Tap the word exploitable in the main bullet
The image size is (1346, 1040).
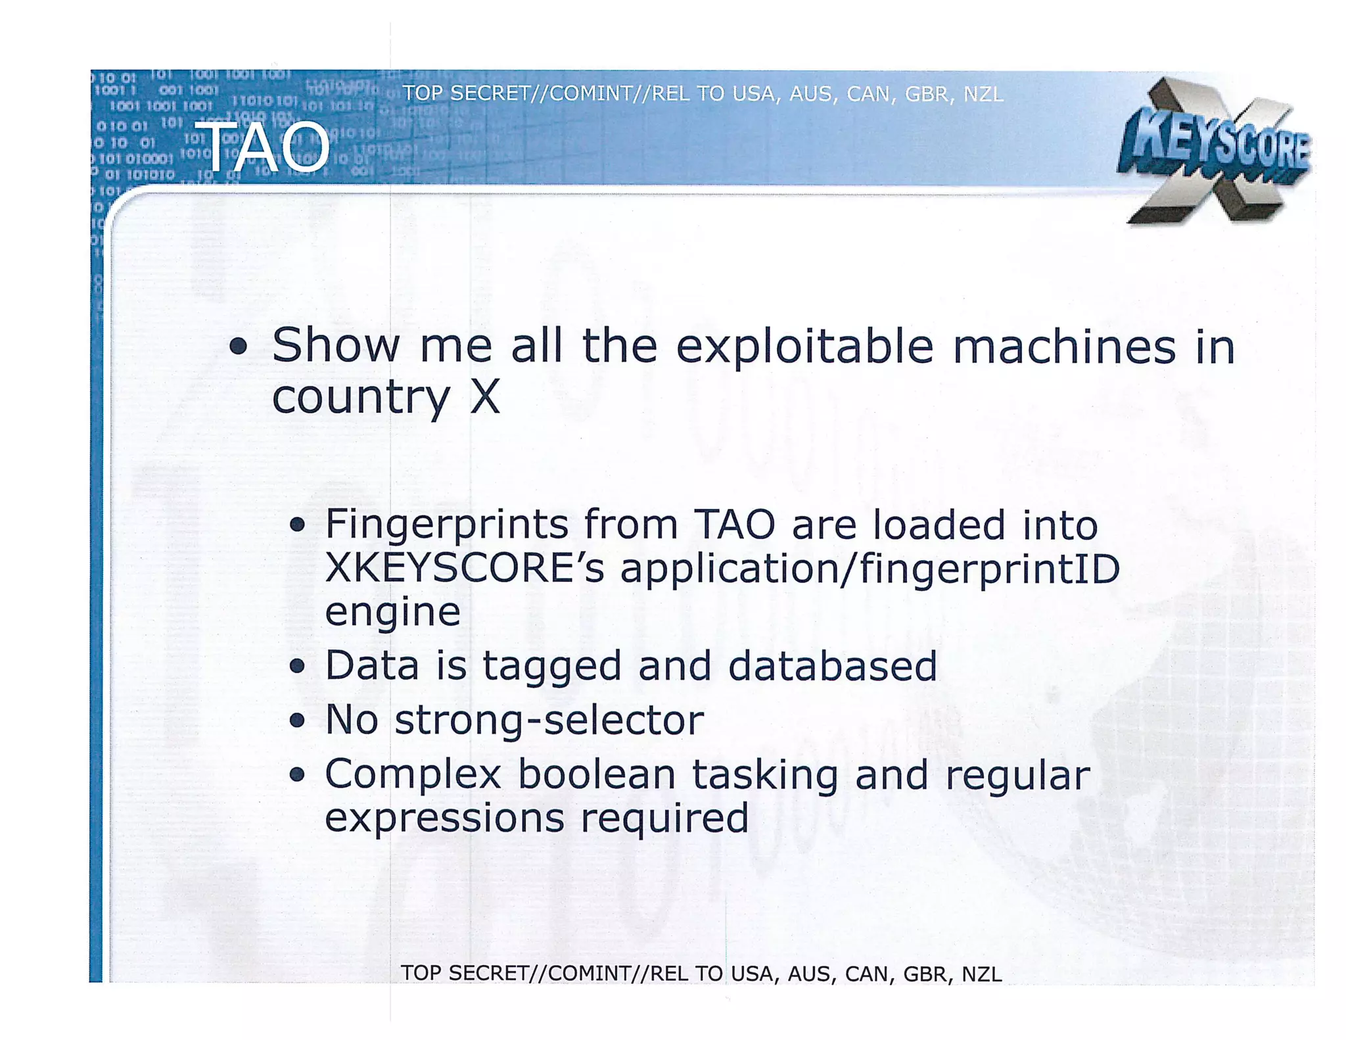tap(804, 346)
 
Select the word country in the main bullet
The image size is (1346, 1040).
tap(360, 397)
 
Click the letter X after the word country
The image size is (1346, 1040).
tap(485, 397)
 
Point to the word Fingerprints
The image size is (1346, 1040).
tap(446, 525)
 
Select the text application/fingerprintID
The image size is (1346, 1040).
tap(870, 568)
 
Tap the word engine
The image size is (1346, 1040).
tap(392, 612)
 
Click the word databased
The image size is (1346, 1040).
tap(832, 666)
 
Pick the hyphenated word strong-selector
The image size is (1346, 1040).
tap(549, 720)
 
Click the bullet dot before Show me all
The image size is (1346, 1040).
tap(239, 346)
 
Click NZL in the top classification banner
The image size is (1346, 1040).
tap(983, 95)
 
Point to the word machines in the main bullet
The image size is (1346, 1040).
tap(1064, 346)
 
